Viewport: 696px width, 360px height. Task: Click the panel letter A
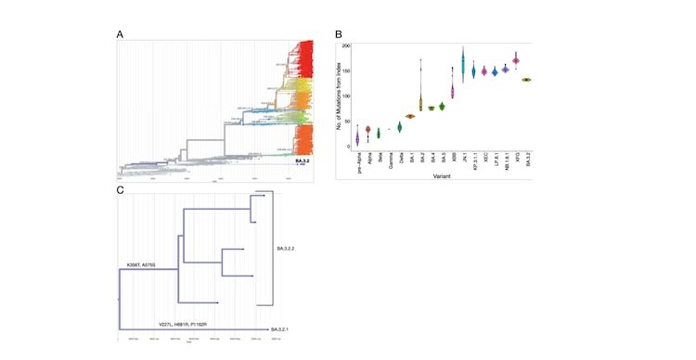(120, 34)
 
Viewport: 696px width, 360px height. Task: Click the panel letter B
(339, 35)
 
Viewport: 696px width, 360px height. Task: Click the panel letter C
(120, 189)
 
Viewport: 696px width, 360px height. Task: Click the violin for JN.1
(462, 66)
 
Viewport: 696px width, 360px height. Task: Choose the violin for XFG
(515, 60)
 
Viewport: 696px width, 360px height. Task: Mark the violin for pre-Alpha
(357, 138)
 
